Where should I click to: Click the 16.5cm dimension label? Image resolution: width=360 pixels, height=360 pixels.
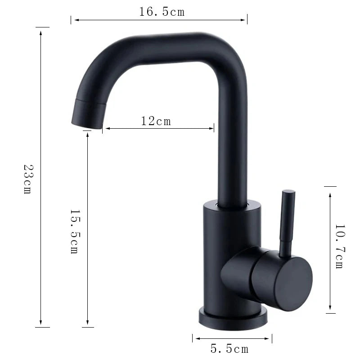[x=162, y=12]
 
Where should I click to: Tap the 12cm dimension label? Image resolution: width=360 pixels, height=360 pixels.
[x=156, y=121]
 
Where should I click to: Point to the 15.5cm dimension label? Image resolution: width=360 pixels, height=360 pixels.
[x=74, y=231]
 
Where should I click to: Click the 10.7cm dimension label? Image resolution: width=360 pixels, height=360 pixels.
[x=339, y=247]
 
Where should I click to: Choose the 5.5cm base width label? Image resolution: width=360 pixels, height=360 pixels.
[x=229, y=348]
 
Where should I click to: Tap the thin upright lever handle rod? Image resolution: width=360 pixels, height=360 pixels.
[x=285, y=220]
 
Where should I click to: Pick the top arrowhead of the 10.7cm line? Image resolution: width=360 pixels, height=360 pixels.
[x=330, y=195]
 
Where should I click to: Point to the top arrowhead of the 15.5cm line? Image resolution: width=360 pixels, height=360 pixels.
[x=88, y=135]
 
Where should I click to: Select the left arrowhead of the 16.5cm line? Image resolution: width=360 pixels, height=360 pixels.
[x=75, y=19]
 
